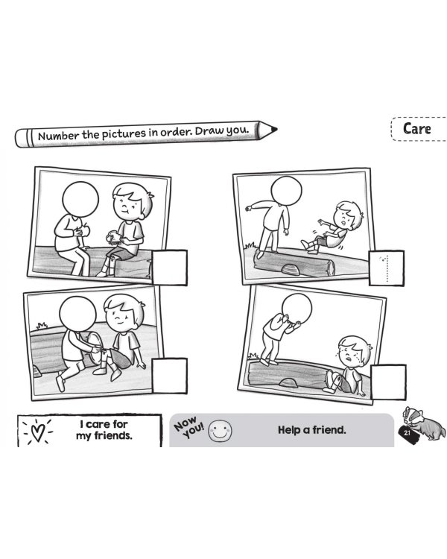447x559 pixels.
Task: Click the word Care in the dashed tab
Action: [x=416, y=129]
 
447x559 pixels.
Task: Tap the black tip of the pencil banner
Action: [x=273, y=129]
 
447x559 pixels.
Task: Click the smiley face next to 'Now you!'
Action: [x=220, y=430]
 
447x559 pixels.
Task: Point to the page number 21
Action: [x=407, y=433]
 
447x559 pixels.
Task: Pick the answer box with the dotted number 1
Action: [x=387, y=268]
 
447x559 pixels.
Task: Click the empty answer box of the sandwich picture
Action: [x=170, y=268]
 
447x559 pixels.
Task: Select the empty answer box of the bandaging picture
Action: [x=170, y=376]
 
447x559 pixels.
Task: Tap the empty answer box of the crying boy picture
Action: [x=388, y=382]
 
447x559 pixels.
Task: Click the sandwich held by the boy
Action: [x=114, y=237]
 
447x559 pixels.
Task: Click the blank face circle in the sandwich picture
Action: [x=80, y=199]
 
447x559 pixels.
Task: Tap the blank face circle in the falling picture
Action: [x=286, y=190]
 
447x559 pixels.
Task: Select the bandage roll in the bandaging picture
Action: [x=95, y=348]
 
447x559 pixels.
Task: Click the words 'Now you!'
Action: [x=189, y=427]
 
